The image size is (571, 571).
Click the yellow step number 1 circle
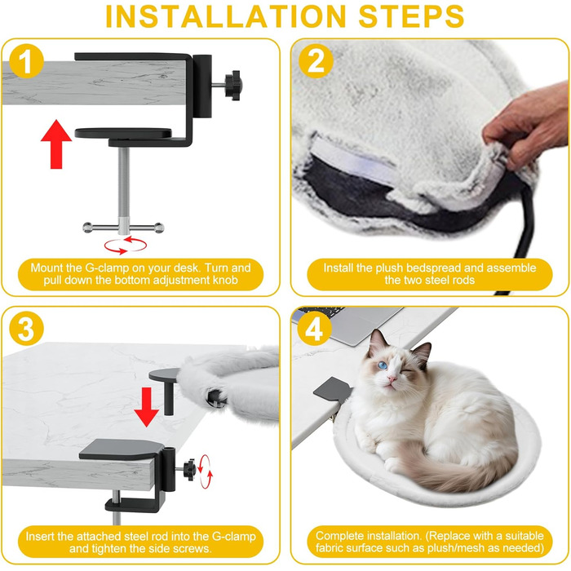tap(26, 61)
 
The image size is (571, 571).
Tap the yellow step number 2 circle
tap(316, 61)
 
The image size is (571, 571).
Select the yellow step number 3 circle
tap(26, 329)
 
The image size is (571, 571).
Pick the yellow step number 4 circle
tap(314, 329)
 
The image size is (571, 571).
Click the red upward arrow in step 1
tap(56, 144)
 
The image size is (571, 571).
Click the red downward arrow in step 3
tap(146, 407)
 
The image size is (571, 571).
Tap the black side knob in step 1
tap(233, 85)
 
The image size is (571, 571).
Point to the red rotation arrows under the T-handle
tap(126, 245)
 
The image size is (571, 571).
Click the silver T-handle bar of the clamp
tap(123, 228)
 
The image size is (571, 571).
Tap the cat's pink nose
tap(392, 379)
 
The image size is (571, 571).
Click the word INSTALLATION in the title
tap(226, 16)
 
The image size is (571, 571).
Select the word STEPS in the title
tap(411, 16)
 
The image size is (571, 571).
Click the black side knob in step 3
tap(189, 470)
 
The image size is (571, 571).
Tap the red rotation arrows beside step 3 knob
tap(206, 471)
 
